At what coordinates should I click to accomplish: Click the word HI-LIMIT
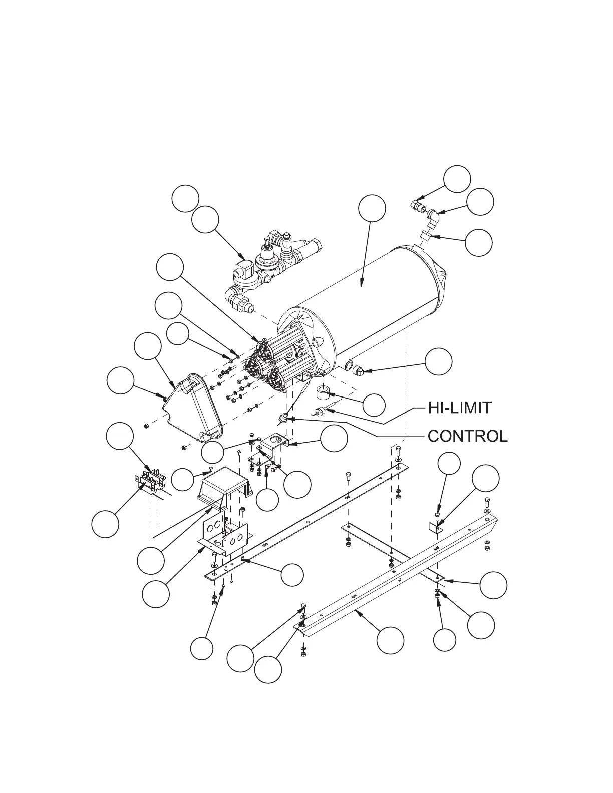460,408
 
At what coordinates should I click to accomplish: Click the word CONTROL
467,436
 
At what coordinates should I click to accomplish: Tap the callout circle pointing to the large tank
372,208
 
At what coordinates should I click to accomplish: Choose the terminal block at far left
148,482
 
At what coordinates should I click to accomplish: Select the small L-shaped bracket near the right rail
435,527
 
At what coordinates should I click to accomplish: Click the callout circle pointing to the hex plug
439,360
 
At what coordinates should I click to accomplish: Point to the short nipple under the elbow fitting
425,234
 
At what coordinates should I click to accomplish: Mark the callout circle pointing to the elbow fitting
480,202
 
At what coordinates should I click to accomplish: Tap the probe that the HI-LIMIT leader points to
320,412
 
